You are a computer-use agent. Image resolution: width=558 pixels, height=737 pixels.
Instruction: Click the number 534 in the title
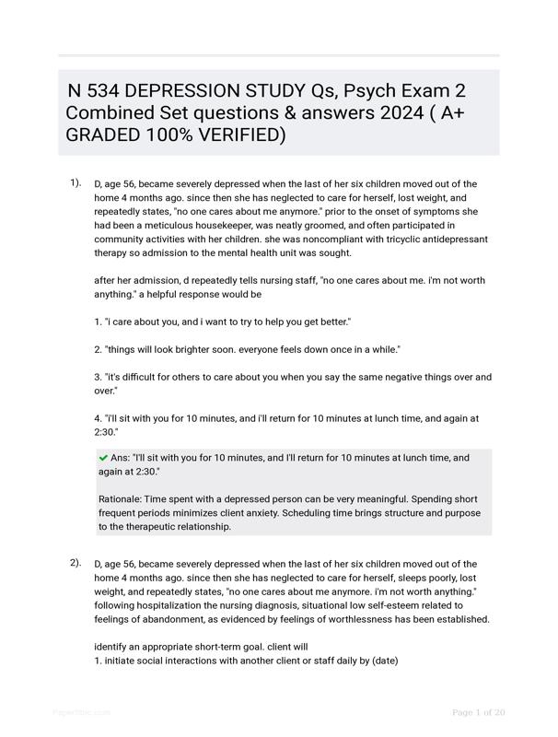coord(102,91)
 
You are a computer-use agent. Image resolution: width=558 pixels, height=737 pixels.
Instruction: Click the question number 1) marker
coord(76,182)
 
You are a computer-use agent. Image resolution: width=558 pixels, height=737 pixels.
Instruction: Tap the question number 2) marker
coord(76,562)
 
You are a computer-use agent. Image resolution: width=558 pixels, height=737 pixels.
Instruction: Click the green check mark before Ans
coord(103,457)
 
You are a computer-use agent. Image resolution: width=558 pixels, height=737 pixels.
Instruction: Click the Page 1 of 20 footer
coord(479,712)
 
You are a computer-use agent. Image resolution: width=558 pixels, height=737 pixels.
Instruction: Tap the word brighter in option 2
coord(203,349)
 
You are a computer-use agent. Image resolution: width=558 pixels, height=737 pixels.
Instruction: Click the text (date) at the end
coord(385,661)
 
